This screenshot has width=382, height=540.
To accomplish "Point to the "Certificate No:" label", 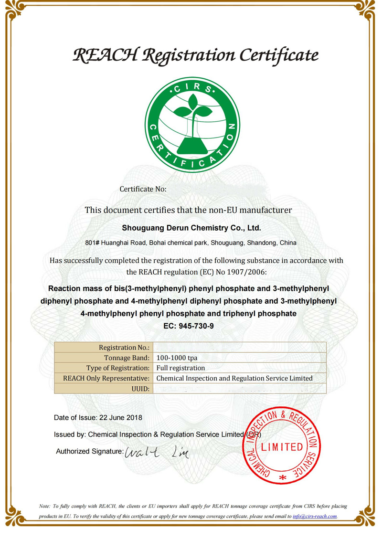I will [143, 189].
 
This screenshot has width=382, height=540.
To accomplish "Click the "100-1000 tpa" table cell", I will [177, 358].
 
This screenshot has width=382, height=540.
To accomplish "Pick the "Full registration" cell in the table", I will [181, 368].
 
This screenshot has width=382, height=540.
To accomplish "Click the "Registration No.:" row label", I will [124, 348].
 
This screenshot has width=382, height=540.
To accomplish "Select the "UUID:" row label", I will [141, 388].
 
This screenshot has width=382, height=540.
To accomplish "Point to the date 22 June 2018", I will [120, 418].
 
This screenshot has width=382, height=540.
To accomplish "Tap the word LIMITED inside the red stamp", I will [282, 447].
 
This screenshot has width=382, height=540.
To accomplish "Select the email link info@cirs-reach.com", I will [315, 516].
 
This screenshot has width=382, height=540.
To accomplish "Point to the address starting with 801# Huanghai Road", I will [191, 243].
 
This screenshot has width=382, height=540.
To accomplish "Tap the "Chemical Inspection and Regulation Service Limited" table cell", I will [234, 378].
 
